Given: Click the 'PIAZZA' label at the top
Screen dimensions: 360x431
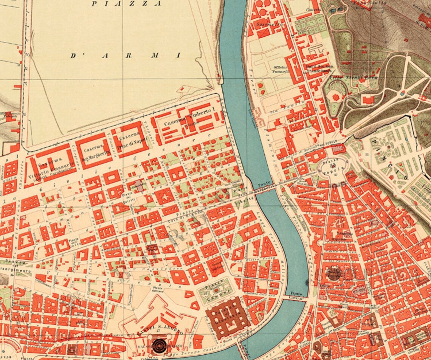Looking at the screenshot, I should [127, 4].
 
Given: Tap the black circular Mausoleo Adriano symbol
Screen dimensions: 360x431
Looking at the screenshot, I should [158, 344].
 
